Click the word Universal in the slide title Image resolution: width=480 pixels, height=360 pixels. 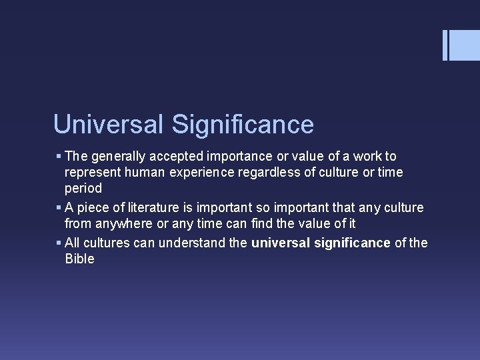click(x=108, y=125)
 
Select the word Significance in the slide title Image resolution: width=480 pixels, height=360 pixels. click(x=242, y=125)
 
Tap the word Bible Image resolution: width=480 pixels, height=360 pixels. click(x=79, y=259)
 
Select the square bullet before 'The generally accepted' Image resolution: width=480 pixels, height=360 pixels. click(x=59, y=157)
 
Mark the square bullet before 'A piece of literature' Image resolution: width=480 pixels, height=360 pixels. click(x=59, y=208)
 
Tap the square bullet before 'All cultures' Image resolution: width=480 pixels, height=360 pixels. click(x=59, y=243)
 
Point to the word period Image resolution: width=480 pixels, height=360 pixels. click(x=83, y=189)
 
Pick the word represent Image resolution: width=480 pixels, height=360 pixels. click(x=91, y=173)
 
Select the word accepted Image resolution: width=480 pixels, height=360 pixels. click(x=175, y=157)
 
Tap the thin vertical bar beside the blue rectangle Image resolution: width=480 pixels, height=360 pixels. click(x=445, y=45)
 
